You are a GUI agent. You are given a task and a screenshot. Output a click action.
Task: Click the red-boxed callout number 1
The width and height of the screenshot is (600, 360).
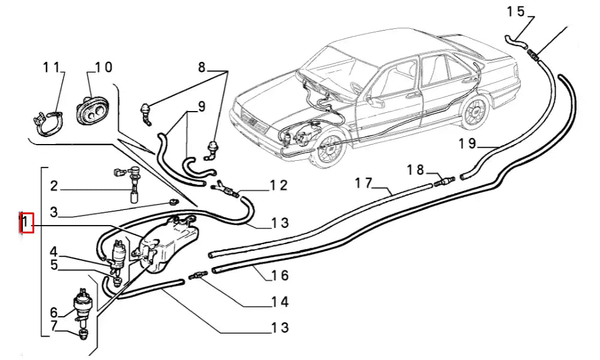pyautogui.click(x=26, y=223)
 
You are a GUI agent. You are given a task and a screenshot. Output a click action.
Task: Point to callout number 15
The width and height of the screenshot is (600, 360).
pyautogui.click(x=515, y=11)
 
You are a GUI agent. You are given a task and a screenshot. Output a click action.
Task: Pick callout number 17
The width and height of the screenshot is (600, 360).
pyautogui.click(x=364, y=183)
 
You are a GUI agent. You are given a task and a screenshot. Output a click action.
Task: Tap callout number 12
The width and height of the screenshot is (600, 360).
pyautogui.click(x=278, y=185)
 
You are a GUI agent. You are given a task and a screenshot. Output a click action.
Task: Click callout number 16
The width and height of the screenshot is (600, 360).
pyautogui.click(x=280, y=275)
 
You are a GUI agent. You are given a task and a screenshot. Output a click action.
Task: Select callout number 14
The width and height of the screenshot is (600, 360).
pyautogui.click(x=280, y=302)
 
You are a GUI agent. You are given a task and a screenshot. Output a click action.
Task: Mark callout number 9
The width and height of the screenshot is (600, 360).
pyautogui.click(x=201, y=107)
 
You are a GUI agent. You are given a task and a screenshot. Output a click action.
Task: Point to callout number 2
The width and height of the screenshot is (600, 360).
pyautogui.click(x=53, y=187)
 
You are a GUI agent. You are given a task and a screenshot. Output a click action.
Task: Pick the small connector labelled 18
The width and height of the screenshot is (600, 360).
pyautogui.click(x=446, y=179)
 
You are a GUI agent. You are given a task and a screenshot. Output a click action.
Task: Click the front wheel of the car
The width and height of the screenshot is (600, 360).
pyautogui.click(x=328, y=151)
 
